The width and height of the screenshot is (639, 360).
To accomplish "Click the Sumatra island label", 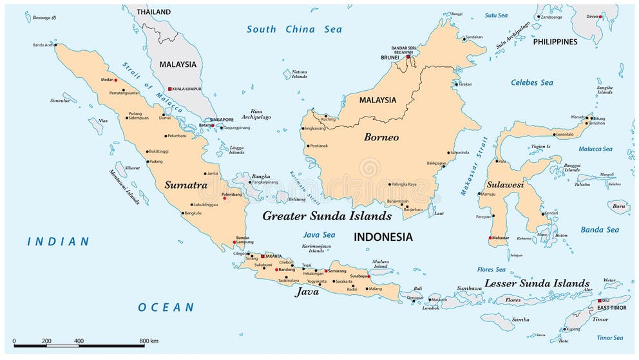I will pos(186,185).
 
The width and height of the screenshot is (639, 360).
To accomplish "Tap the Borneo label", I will pos(381,137).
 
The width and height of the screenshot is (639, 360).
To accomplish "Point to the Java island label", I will pos(307,292).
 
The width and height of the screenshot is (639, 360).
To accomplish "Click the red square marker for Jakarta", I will pos(262,256).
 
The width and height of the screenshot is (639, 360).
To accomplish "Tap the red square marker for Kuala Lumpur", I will pos(169,89).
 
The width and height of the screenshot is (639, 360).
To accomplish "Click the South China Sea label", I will pos(294,29).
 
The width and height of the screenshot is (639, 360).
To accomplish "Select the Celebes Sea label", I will pos(531,82).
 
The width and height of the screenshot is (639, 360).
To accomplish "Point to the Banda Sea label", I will pos(599,230).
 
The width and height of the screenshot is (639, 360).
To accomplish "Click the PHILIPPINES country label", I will pos(555,42).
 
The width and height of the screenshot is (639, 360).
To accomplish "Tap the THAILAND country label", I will pos(153,12).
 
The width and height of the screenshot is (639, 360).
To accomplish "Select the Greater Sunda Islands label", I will pos(327,216).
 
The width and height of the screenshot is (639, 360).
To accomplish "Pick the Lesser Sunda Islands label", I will pos(537,283).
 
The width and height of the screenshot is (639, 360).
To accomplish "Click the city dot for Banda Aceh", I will pos(56,45).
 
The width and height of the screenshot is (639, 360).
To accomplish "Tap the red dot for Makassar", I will pos(491,238).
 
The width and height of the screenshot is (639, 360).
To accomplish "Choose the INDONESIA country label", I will pos(383,237).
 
